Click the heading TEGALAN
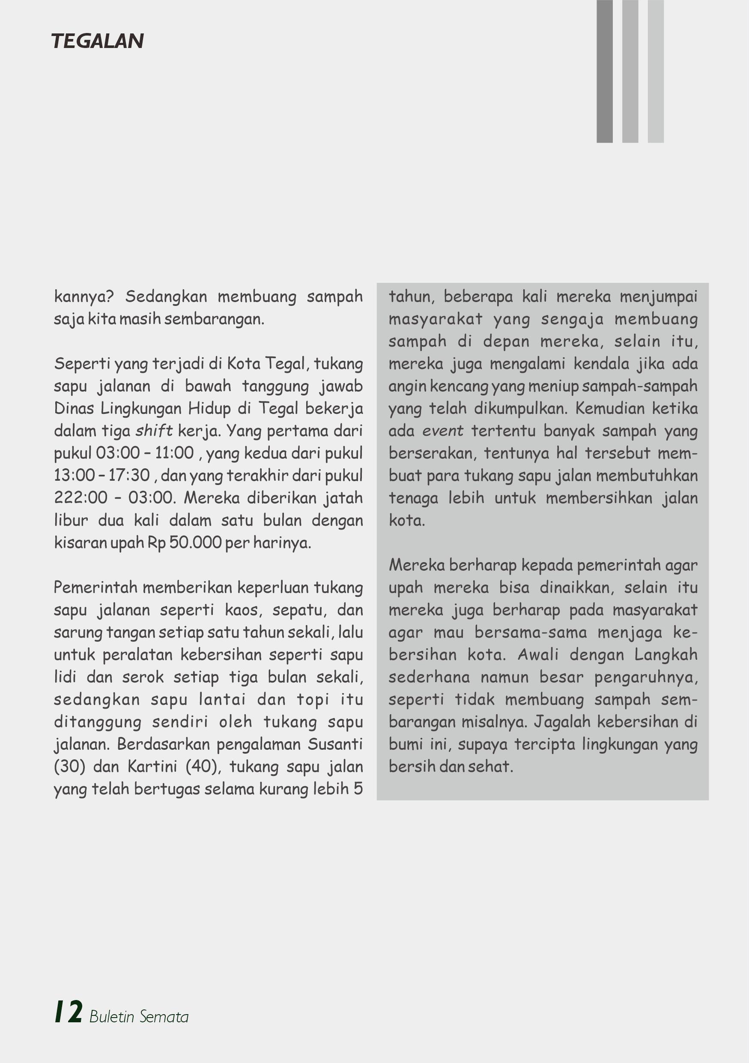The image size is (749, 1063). (x=97, y=41)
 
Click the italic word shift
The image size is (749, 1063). (x=154, y=431)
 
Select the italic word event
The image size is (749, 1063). (x=442, y=431)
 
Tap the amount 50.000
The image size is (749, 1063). (x=195, y=542)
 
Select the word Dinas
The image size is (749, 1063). (x=74, y=408)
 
